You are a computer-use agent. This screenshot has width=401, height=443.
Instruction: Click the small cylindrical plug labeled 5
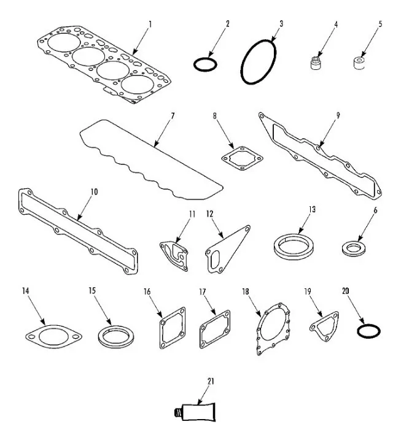pos(356,63)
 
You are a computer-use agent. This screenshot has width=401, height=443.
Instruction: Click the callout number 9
pos(338,114)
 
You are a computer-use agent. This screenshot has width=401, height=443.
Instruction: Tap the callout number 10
pos(93,191)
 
